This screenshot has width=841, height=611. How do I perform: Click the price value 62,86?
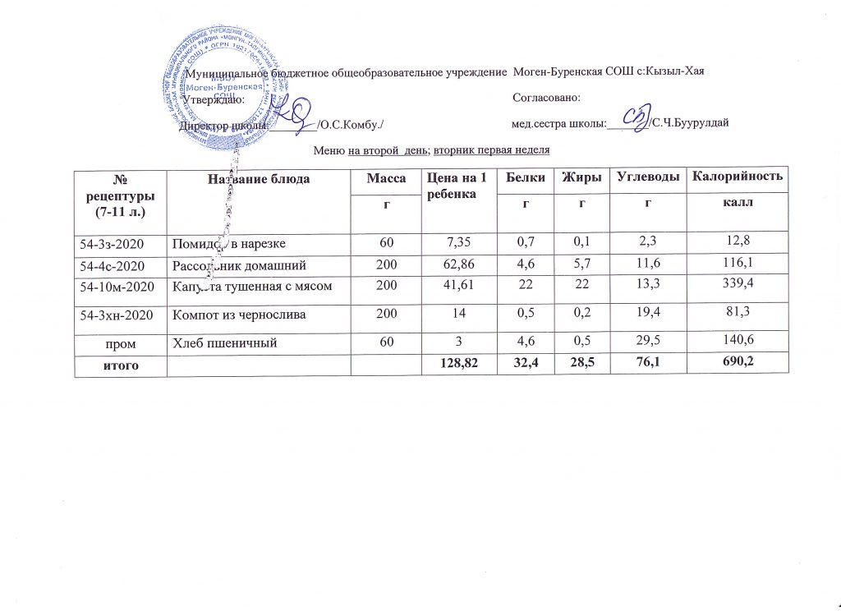pyautogui.click(x=458, y=265)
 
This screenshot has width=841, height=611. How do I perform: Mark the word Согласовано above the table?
pyautogui.click(x=546, y=98)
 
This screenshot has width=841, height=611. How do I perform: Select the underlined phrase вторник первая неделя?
pyautogui.click(x=491, y=150)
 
